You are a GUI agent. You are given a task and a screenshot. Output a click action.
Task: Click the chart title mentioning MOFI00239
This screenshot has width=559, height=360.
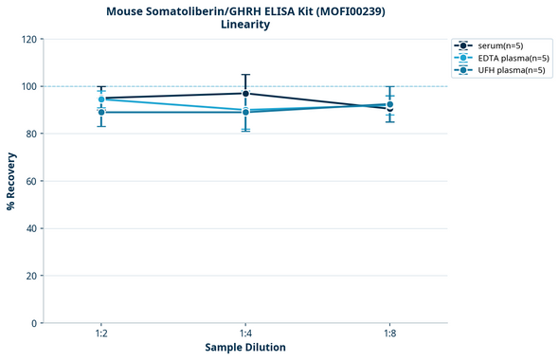coord(244,11)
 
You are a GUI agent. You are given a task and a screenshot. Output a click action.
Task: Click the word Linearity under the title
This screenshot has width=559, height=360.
coord(244,25)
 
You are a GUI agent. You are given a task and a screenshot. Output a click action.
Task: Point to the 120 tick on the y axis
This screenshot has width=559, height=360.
coord(29,39)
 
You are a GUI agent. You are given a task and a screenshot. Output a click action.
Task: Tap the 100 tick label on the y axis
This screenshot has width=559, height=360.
coord(29,86)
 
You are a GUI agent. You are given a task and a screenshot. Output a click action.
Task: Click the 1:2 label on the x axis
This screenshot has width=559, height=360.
coord(101,334)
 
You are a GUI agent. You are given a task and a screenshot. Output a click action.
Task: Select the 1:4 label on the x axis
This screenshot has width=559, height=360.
coord(245,334)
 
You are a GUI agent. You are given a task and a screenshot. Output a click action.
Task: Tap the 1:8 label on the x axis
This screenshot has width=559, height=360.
coord(389,334)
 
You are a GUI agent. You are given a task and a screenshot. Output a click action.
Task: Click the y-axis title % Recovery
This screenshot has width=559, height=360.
coord(11,181)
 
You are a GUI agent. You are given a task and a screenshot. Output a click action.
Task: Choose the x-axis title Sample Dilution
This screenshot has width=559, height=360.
coord(245,348)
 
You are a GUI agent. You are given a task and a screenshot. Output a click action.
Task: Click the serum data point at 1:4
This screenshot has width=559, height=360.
coord(245,93)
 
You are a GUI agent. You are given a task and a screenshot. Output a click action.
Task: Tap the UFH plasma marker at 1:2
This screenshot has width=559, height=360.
coord(101,112)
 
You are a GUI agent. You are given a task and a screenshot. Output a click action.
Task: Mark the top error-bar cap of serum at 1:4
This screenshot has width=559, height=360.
coord(245,75)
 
